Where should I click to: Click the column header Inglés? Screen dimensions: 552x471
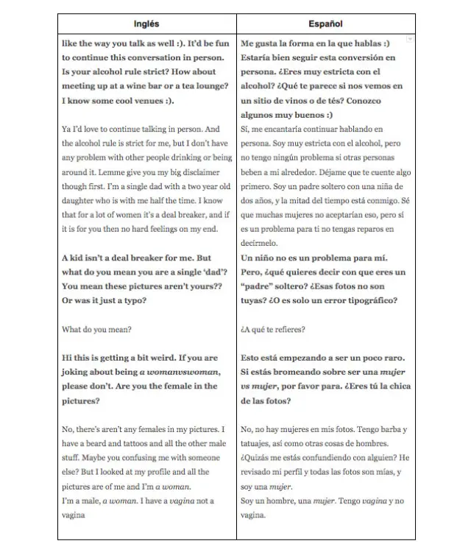(x=147, y=24)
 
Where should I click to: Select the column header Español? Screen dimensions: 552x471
(x=325, y=24)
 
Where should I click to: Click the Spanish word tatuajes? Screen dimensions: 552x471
(x=260, y=444)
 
